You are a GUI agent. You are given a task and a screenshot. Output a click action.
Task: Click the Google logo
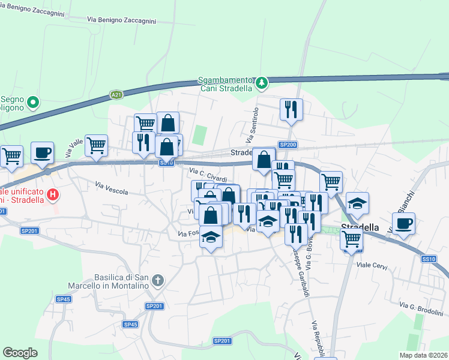click(x=20, y=353)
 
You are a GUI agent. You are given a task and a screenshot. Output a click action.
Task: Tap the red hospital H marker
click(x=53, y=194)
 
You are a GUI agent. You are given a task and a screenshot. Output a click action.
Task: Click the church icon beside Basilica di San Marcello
click(x=157, y=280)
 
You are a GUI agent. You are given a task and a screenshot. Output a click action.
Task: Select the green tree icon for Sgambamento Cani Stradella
click(x=261, y=83)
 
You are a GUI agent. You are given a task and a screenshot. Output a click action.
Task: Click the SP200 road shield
click(x=288, y=145)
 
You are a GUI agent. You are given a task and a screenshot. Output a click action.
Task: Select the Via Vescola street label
click(x=112, y=188)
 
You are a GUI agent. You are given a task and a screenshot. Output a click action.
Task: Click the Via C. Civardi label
click(x=208, y=175)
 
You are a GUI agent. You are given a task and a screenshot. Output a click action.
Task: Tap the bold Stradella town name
click(x=360, y=227)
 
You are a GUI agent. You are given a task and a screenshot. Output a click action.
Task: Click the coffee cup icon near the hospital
click(x=42, y=154)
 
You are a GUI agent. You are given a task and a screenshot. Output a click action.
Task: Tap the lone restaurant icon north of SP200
click(x=291, y=110)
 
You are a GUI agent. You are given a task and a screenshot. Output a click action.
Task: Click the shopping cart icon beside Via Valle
click(x=96, y=145)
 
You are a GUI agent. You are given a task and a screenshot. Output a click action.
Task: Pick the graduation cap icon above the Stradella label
click(x=357, y=204)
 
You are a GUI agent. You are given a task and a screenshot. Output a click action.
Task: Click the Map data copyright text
click(x=423, y=355)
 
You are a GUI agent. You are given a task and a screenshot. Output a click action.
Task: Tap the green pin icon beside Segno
click(x=33, y=103)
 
